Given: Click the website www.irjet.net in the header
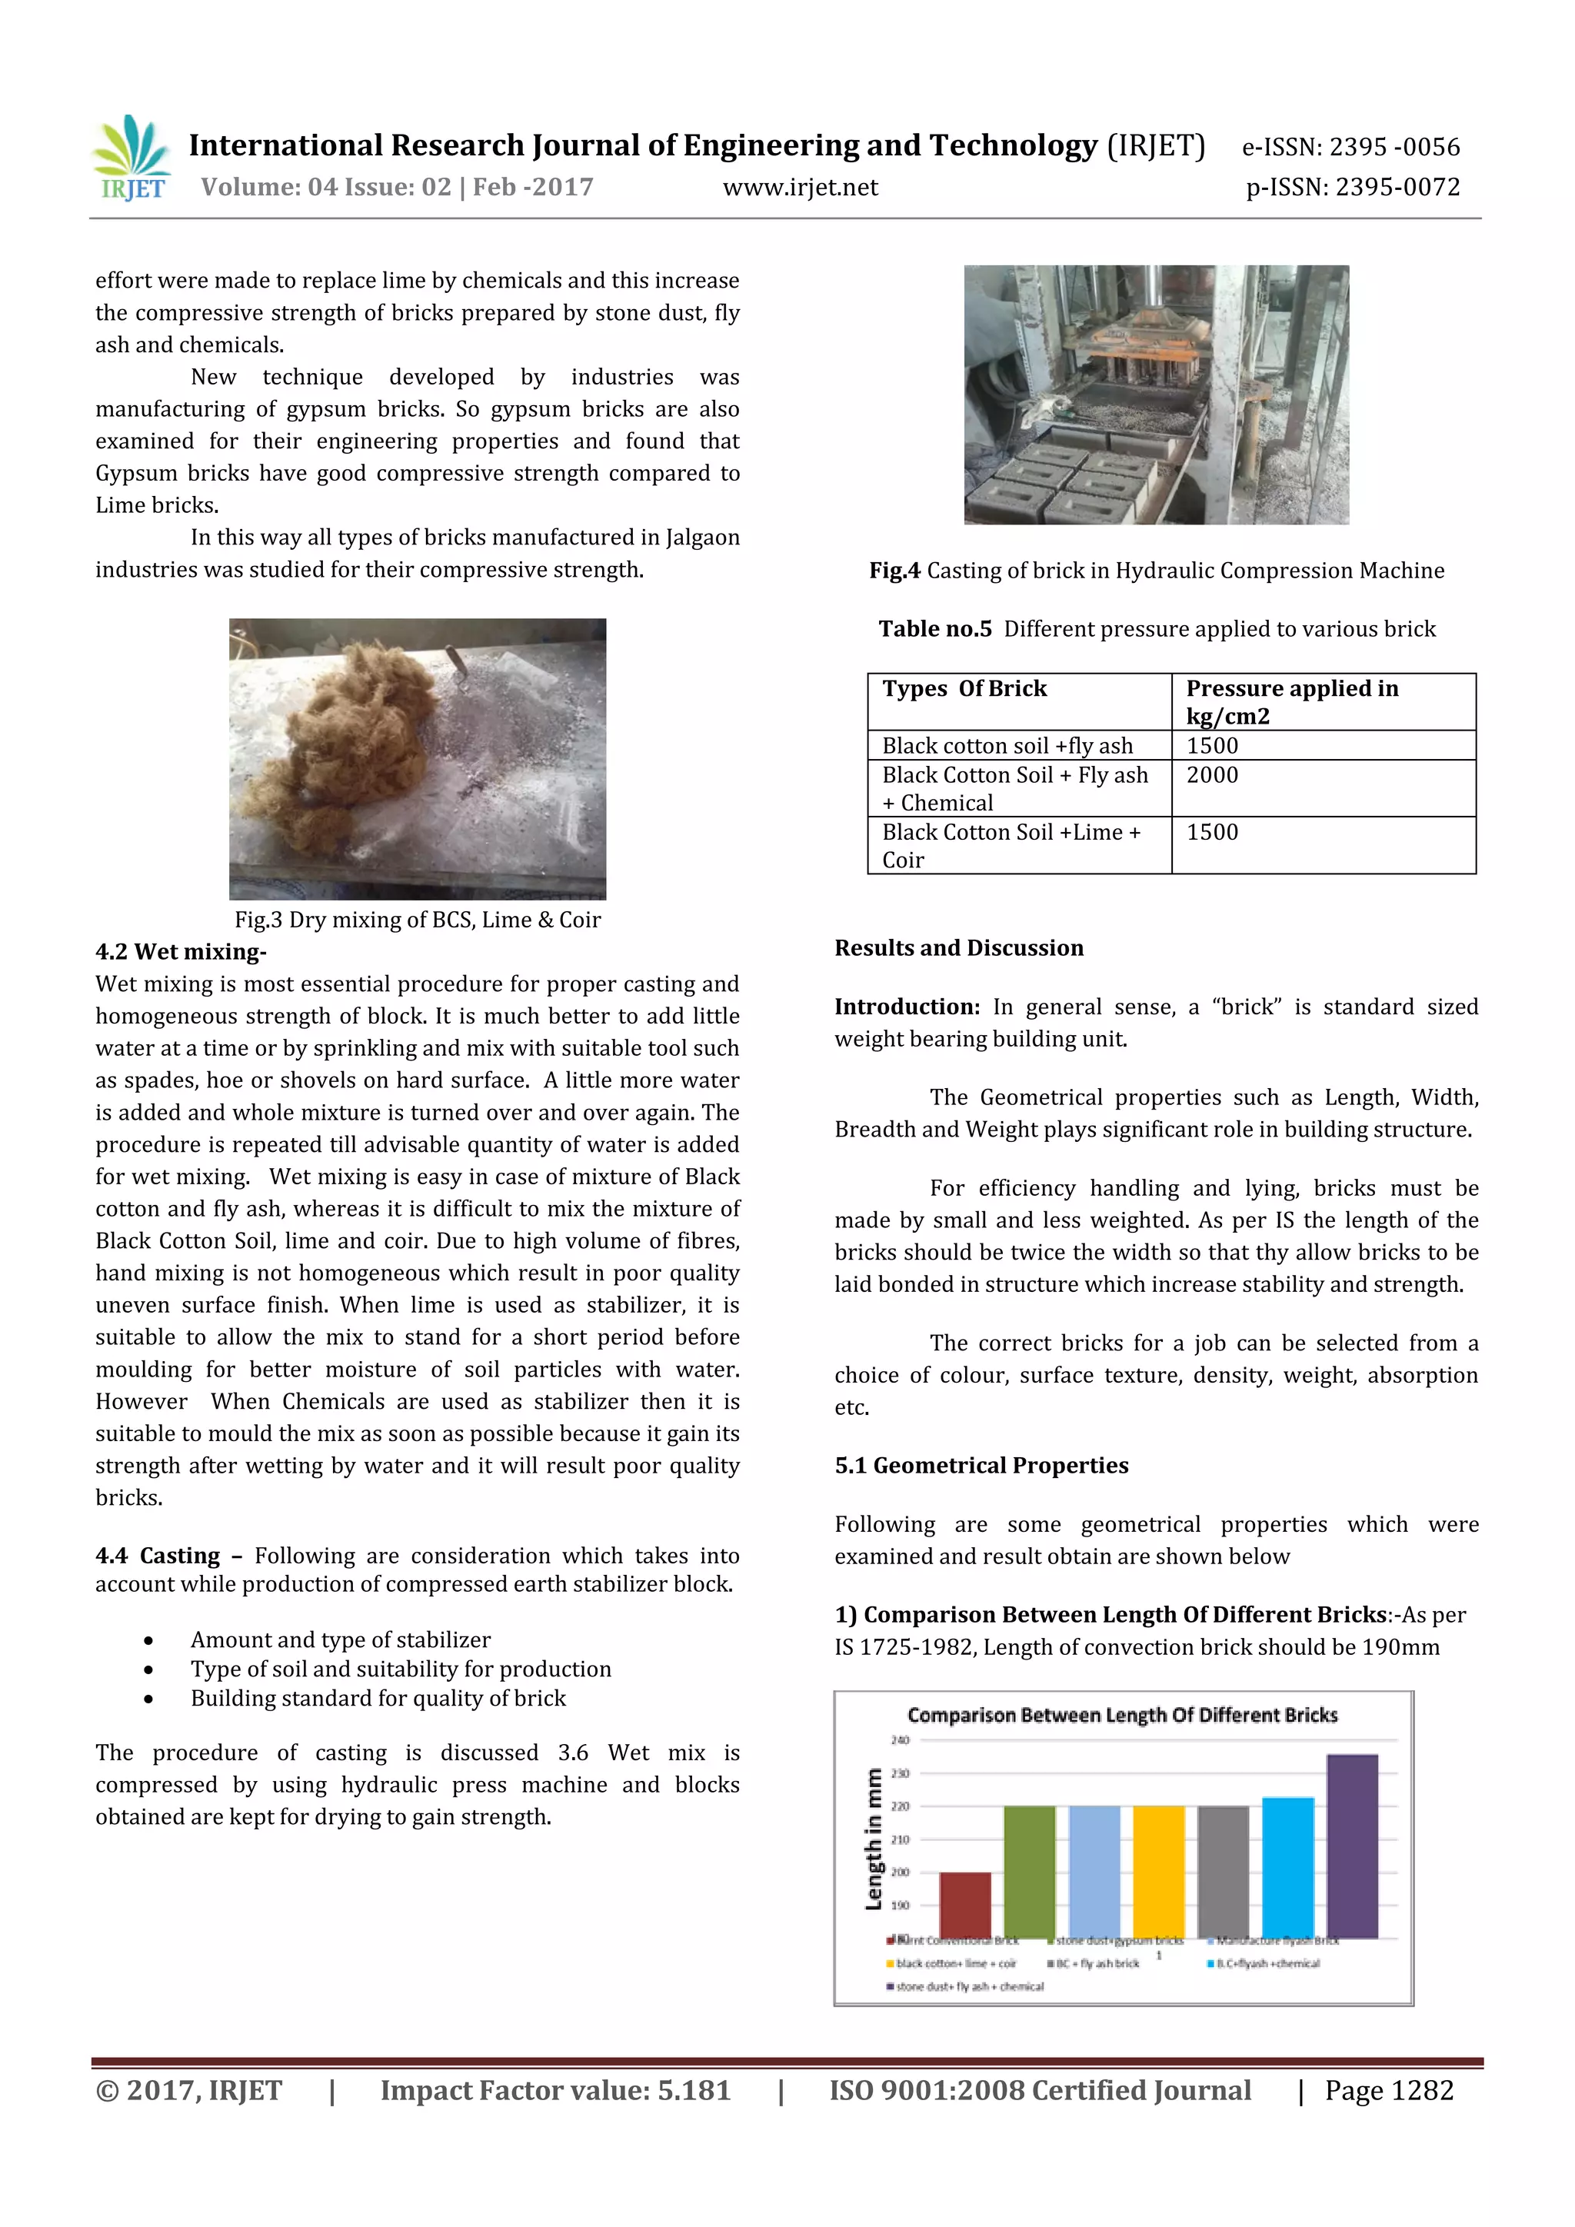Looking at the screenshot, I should (800, 187).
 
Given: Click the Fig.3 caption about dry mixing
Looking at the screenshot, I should (417, 920).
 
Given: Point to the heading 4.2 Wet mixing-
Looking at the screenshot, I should (181, 951).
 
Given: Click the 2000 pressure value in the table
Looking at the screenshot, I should (1212, 775).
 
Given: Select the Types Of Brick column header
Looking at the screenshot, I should (964, 689).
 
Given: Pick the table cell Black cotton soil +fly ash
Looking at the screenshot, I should (1007, 746).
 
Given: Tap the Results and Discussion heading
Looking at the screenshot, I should (958, 947).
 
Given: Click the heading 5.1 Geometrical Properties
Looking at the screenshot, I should (981, 1466).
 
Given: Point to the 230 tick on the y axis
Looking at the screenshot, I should (900, 1773).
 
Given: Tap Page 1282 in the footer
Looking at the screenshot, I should (1389, 2090).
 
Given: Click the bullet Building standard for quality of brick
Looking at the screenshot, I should (378, 1699).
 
